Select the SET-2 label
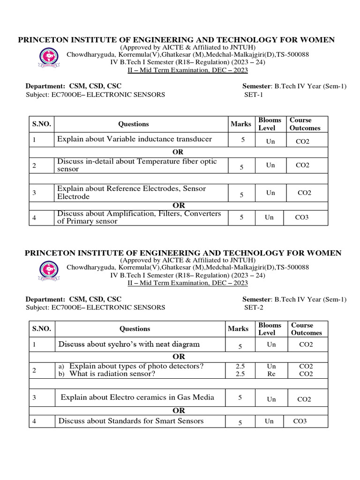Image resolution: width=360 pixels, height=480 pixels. coord(254,307)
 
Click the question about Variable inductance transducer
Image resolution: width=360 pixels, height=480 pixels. coord(135,139)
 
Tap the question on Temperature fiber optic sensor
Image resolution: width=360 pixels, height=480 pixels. coord(137,165)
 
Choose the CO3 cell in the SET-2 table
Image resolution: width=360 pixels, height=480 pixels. coord(300,421)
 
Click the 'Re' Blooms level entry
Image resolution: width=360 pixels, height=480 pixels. coord(271,374)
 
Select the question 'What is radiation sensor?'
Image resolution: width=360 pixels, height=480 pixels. coord(112,374)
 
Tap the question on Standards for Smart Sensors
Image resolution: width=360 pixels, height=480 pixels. coord(131,421)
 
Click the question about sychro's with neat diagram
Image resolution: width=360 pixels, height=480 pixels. coord(129,345)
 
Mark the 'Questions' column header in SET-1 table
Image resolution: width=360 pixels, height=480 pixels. coord(134,124)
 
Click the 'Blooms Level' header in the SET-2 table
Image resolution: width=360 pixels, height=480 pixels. coord(270,329)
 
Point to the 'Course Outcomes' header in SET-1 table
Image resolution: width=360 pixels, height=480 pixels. coord(305,124)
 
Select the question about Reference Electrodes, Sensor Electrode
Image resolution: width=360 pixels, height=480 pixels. coord(132,192)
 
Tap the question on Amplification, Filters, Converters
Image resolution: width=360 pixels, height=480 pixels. coord(139,217)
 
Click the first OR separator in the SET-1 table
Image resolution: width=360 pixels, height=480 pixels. coord(178,152)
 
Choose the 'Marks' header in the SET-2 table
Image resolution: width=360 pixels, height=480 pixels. coord(238,329)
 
